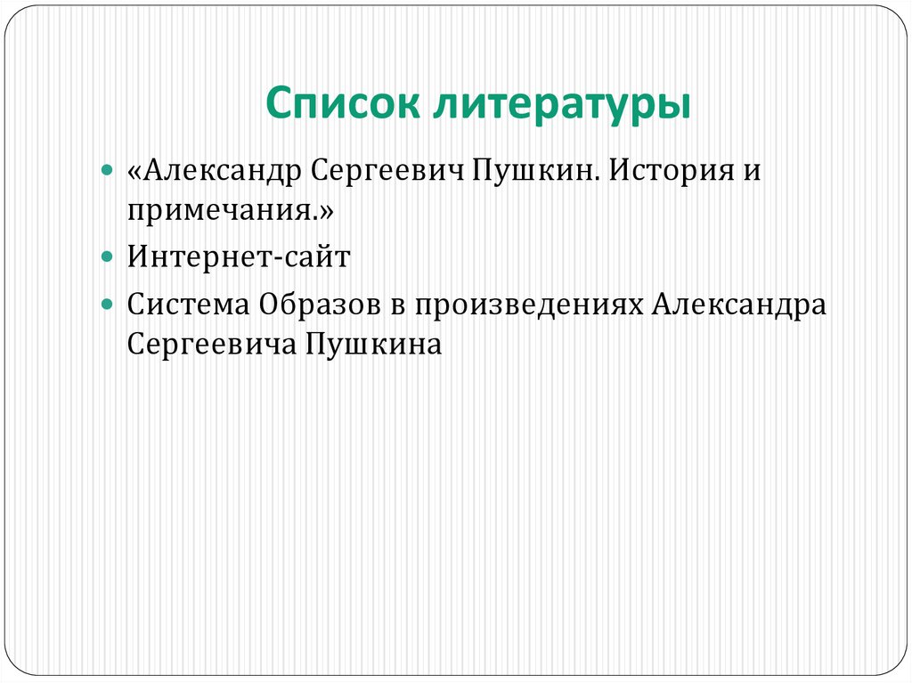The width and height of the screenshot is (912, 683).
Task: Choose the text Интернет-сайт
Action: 239,257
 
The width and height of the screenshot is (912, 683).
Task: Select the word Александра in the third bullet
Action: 738,304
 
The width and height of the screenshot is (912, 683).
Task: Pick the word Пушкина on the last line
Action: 373,345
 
